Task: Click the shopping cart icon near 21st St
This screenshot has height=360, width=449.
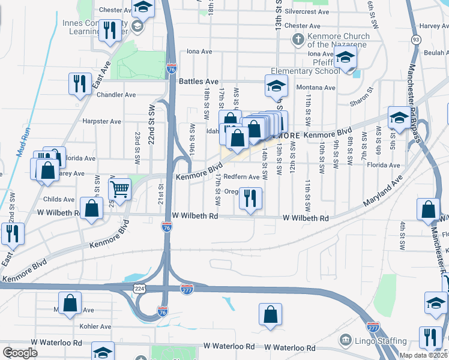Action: (x=120, y=188)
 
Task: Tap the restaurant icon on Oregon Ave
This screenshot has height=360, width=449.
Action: (x=250, y=197)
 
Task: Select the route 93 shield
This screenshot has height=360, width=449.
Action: (x=415, y=40)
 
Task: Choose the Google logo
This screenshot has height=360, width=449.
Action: (x=20, y=352)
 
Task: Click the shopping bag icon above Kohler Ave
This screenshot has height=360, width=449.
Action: (x=271, y=314)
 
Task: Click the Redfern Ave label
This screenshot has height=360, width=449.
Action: (x=243, y=177)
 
